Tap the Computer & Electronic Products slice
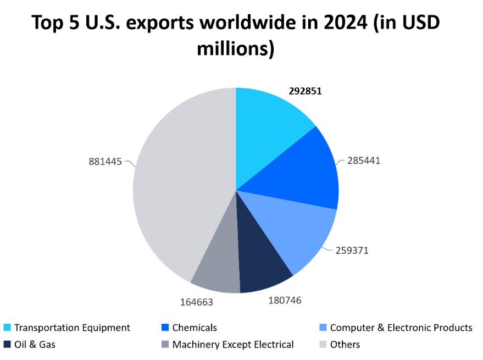(x=297, y=231)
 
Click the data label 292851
(x=305, y=91)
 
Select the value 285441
(x=363, y=161)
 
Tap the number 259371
(x=352, y=250)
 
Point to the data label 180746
(x=285, y=300)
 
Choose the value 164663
(x=196, y=302)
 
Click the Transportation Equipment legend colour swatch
(x=7, y=328)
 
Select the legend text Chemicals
(x=195, y=328)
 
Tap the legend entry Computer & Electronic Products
(x=401, y=328)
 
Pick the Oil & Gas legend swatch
(x=7, y=345)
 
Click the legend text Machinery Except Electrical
(x=233, y=345)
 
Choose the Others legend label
(x=345, y=345)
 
